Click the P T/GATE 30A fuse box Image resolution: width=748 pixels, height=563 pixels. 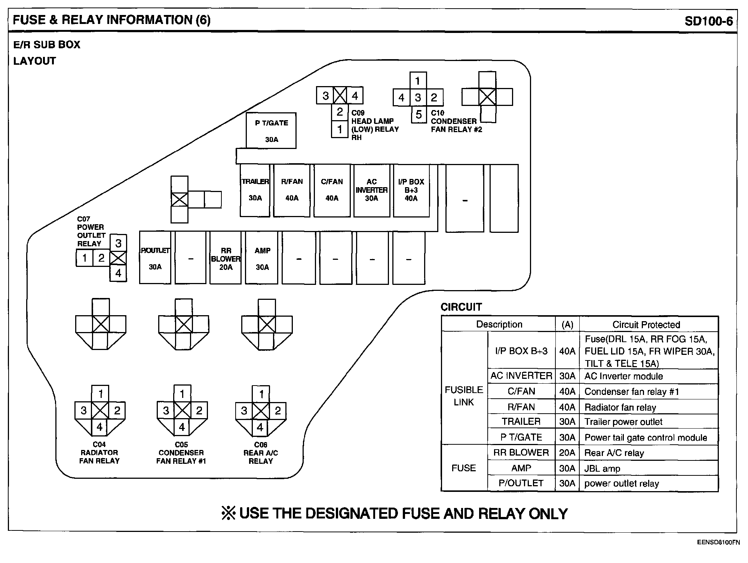coord(271,131)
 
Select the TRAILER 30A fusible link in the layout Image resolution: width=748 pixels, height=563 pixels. coord(255,190)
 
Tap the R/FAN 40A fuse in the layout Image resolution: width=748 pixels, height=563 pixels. coord(292,190)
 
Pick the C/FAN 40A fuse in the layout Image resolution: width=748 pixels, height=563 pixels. coord(332,190)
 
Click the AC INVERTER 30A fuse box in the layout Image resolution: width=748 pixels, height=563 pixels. coord(371,190)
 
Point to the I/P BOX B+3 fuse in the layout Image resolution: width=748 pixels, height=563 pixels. coord(411,190)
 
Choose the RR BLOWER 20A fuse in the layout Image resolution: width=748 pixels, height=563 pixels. coord(226,258)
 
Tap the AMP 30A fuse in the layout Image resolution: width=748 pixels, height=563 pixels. coord(262,258)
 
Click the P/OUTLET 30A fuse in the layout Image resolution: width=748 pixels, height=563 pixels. coord(155,258)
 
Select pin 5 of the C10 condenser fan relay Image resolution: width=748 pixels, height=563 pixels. coord(419,115)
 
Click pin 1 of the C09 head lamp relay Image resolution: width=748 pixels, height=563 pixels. coord(340,130)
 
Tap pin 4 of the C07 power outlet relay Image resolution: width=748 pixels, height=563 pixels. coord(118,273)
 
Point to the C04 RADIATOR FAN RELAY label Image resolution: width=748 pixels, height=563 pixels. coord(99,453)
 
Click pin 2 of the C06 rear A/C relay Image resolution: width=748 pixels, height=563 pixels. coord(278,411)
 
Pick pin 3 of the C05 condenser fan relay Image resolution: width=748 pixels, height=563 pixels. coord(166,411)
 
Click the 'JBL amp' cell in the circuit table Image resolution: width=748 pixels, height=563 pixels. coord(602,468)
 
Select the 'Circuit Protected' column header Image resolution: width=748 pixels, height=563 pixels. coord(646,325)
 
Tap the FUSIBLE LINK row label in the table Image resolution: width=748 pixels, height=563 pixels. coord(464,396)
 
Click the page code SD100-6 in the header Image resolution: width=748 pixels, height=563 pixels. coord(708,21)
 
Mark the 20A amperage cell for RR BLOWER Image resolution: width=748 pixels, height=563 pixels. coord(567,453)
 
